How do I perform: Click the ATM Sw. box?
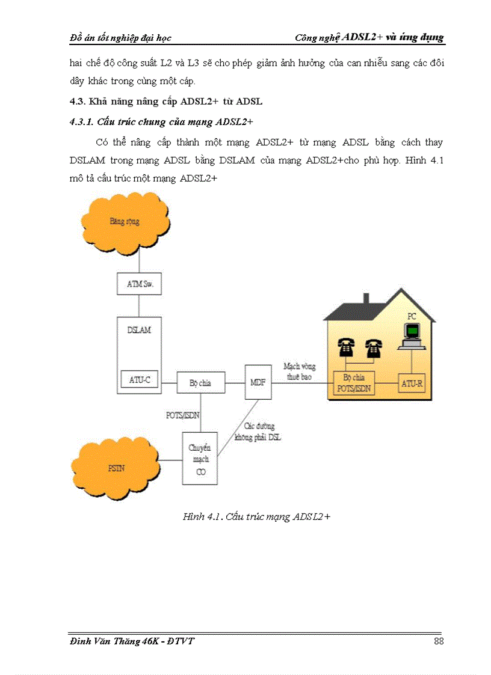139,284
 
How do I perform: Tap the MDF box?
258,382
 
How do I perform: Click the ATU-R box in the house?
412,382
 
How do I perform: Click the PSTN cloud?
116,467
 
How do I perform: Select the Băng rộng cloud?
126,222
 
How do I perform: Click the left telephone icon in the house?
345,347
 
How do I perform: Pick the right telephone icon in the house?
374,347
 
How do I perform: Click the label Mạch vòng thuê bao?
300,371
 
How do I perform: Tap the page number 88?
438,641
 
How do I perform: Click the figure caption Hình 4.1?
257,517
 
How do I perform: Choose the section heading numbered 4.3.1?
161,122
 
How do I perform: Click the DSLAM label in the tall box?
139,331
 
